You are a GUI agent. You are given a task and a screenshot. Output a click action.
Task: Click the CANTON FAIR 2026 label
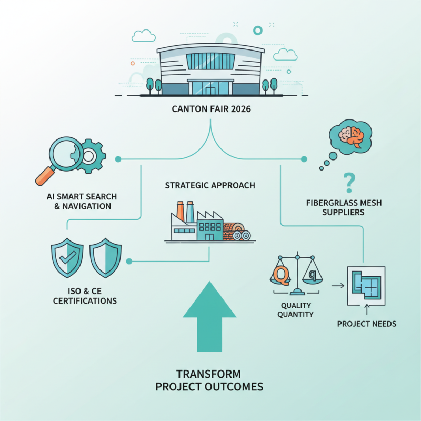(x=210, y=110)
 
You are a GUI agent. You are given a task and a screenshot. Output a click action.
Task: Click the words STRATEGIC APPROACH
(x=210, y=185)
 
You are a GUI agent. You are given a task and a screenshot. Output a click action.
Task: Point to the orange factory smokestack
(x=181, y=211)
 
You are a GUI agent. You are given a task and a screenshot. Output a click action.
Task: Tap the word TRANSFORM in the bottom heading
(x=209, y=374)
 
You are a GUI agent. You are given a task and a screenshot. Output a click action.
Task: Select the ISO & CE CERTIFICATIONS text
(x=83, y=296)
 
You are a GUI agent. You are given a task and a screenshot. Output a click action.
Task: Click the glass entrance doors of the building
(x=210, y=87)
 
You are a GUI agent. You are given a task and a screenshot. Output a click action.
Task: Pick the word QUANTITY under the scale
(x=297, y=314)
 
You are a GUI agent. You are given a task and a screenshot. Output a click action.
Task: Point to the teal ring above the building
(x=257, y=30)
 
